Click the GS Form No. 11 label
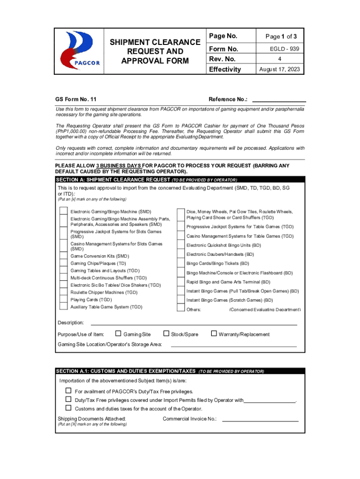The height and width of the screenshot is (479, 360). [x=76, y=99]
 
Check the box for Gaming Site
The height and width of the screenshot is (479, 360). [x=118, y=334]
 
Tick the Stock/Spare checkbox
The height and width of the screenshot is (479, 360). [x=166, y=334]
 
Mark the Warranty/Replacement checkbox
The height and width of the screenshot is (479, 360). [x=214, y=334]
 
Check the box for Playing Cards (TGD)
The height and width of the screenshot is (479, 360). [x=63, y=299]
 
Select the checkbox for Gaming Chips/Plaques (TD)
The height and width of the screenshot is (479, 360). [x=63, y=263]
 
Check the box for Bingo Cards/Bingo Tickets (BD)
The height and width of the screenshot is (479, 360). [x=180, y=263]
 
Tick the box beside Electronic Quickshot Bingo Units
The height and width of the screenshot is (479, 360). [x=180, y=245]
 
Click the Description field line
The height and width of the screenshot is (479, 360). [x=194, y=324]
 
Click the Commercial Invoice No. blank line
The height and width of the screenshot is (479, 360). [x=260, y=421]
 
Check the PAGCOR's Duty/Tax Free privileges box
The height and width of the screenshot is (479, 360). [x=68, y=391]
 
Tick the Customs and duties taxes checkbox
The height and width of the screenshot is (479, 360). [x=68, y=408]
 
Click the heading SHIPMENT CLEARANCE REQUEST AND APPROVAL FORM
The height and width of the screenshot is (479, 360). [x=146, y=51]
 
